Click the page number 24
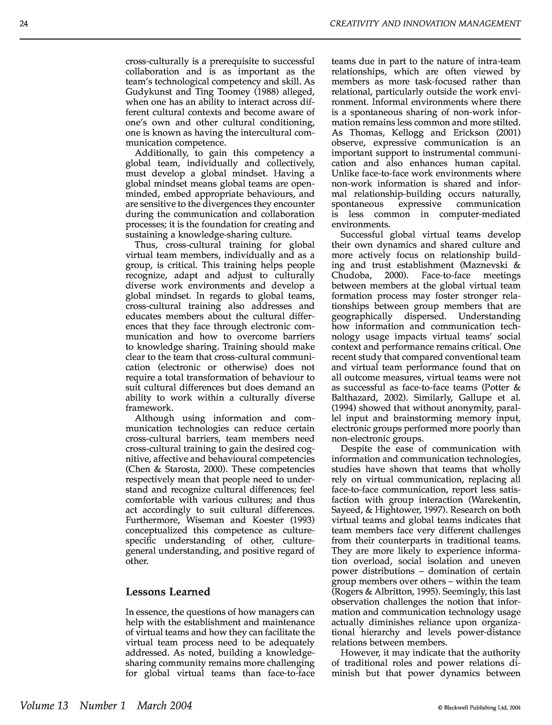(x=24, y=24)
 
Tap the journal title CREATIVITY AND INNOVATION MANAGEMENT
(x=425, y=24)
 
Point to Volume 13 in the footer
(x=44, y=705)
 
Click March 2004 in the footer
(x=164, y=705)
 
